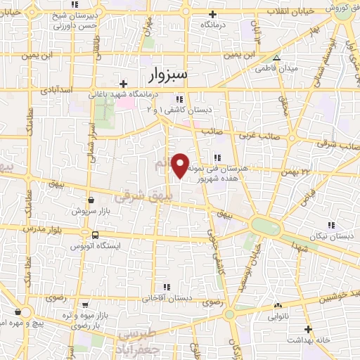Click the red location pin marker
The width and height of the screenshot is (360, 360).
181,165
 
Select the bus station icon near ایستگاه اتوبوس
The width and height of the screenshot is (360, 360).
94,235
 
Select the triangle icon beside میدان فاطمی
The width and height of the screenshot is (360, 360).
277,58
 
